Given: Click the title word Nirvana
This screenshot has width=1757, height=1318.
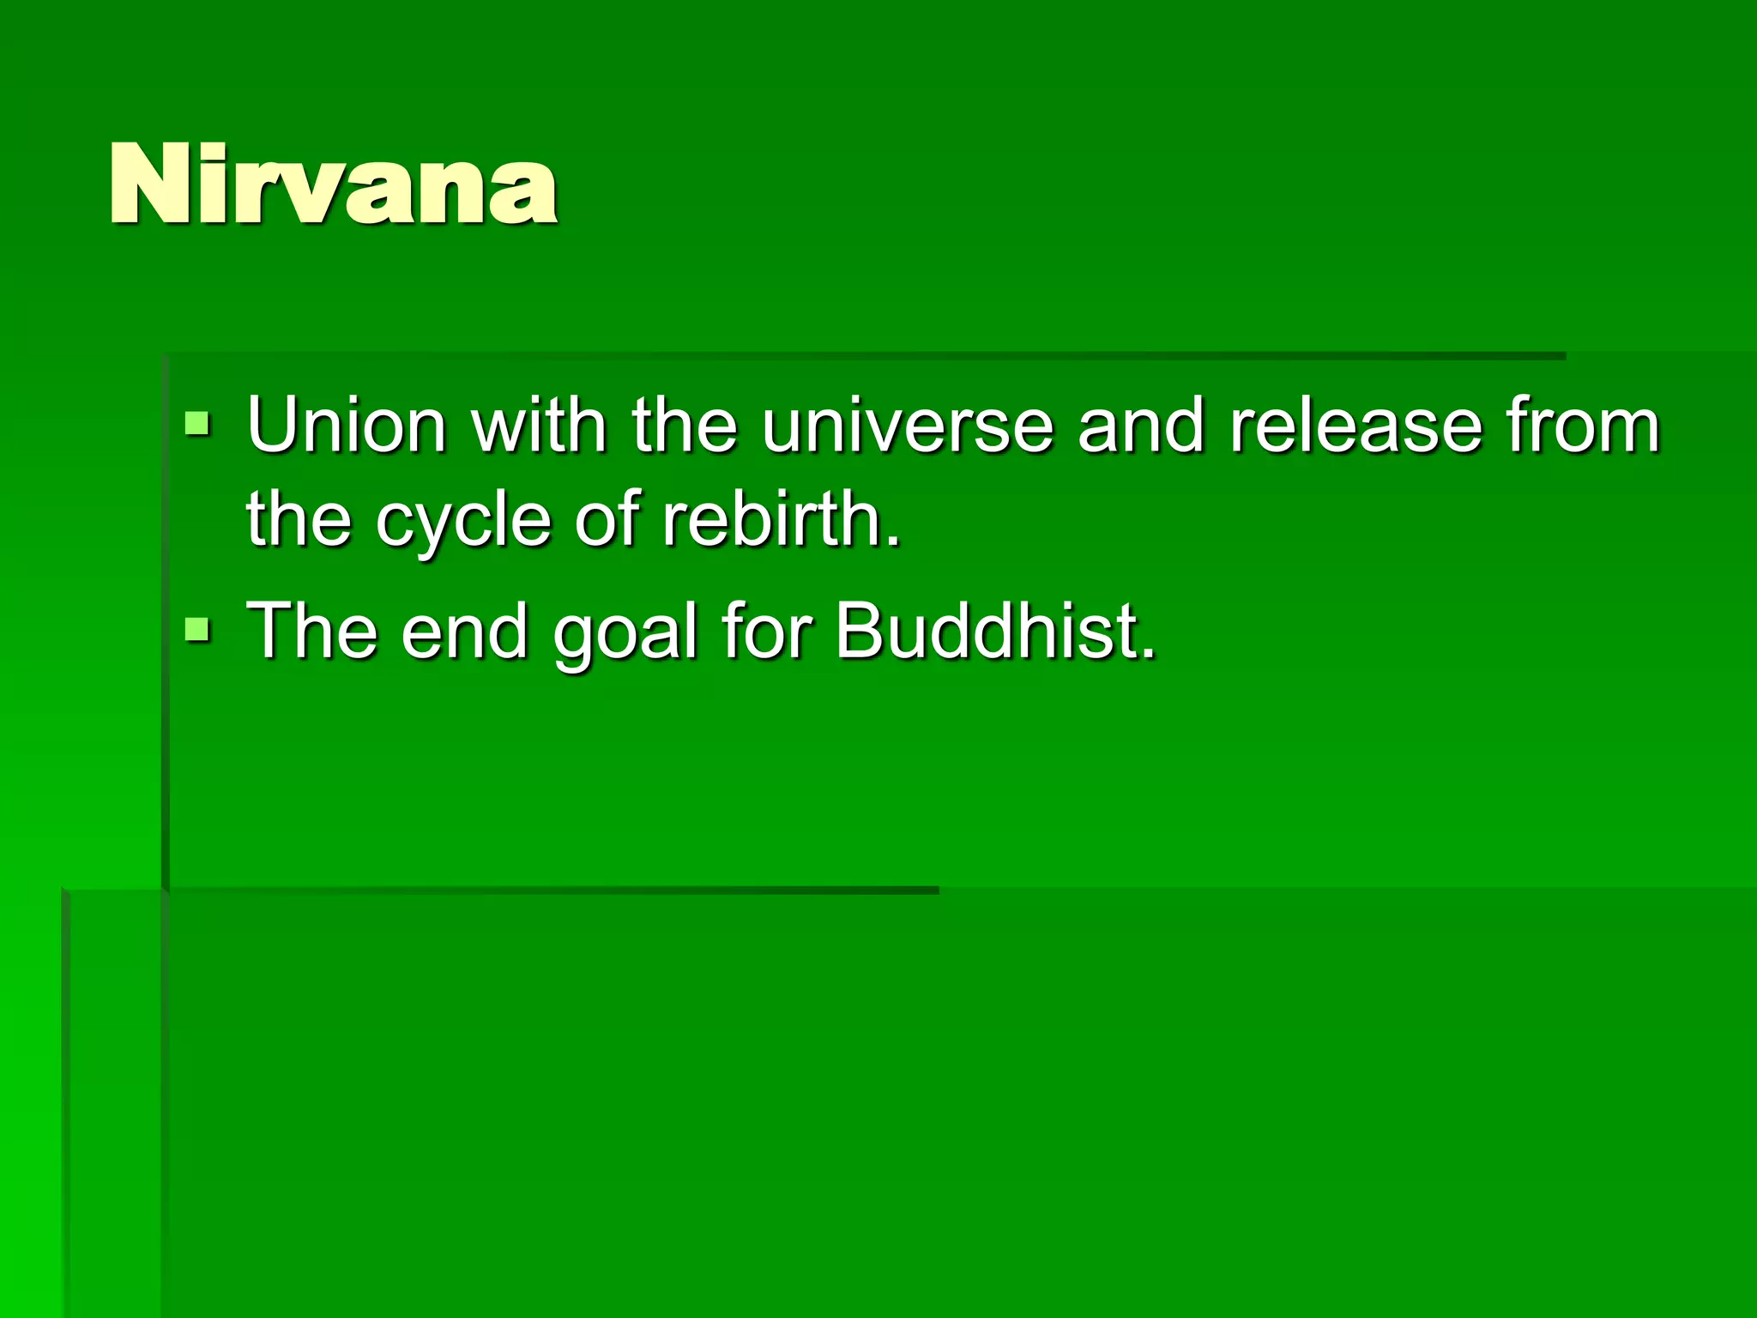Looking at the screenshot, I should click(333, 184).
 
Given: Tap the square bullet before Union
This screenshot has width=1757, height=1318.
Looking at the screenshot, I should click(197, 423).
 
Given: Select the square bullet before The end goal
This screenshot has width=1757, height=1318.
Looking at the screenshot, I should click(197, 631).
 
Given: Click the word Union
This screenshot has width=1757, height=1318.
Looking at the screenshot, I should click(347, 425).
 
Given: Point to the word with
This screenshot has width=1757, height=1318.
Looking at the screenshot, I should click(540, 425).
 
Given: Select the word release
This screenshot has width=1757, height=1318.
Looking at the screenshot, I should click(1356, 425).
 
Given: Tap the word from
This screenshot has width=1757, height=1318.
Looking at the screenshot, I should click(1584, 425).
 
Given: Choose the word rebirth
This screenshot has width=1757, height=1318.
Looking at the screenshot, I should click(780, 519).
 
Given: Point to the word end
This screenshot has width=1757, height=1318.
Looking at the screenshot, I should click(464, 631).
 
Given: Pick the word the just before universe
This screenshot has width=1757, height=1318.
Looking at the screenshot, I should click(685, 425).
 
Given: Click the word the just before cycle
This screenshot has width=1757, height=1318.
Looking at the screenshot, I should click(299, 519).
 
